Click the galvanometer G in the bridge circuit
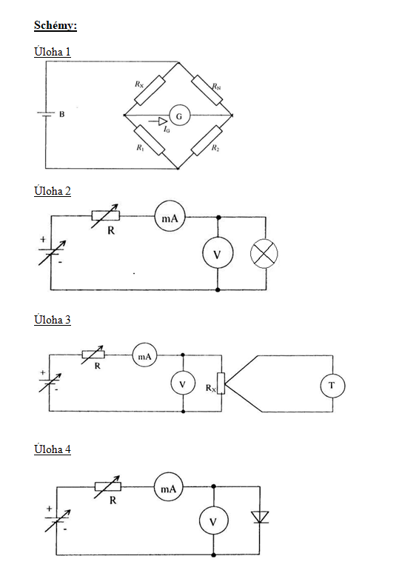click(x=179, y=115)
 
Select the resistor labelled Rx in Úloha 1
click(x=150, y=90)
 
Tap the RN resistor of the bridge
click(x=207, y=90)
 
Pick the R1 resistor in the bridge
click(x=149, y=140)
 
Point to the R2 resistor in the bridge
click(x=207, y=141)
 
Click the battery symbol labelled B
click(x=46, y=115)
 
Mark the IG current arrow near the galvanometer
click(x=158, y=121)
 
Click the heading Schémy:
click(x=56, y=26)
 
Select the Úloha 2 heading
click(x=53, y=191)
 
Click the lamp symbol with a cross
click(x=264, y=254)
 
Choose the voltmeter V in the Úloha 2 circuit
click(x=218, y=253)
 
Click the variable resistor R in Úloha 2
click(x=105, y=215)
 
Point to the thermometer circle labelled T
click(x=332, y=385)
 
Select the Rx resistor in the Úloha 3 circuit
click(x=221, y=383)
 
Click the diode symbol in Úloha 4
click(x=260, y=517)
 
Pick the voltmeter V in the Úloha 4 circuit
click(x=213, y=521)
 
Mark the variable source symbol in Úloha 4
click(x=58, y=520)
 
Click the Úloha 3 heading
click(x=53, y=320)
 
